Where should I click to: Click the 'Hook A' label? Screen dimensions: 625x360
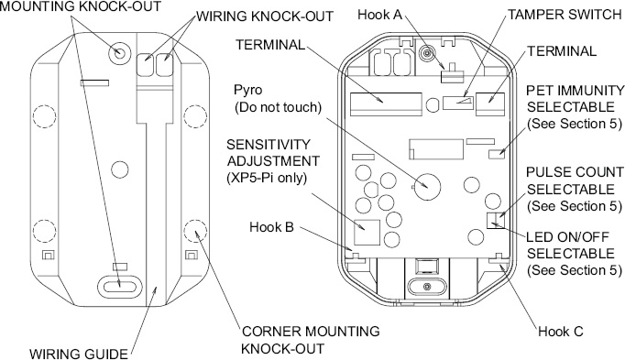pos(380,15)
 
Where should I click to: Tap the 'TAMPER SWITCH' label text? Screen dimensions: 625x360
pos(565,15)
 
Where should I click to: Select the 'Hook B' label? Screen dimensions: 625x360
pos(271,227)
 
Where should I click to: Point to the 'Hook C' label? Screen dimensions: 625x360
pos(561,332)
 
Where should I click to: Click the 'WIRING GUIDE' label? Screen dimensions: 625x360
pos(79,354)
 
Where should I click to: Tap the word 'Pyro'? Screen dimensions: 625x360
pos(248,91)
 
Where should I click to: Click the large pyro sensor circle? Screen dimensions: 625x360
pos(427,186)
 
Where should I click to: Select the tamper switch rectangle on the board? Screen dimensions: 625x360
pos(458,103)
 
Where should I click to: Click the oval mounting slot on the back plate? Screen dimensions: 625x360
pos(120,286)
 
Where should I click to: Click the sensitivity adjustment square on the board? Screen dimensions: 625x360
pos(367,232)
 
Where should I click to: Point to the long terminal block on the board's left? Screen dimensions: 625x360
pos(386,104)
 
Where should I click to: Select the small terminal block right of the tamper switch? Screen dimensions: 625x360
pos(490,104)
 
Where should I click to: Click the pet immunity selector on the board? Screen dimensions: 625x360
pos(497,154)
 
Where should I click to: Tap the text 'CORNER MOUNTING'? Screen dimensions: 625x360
pos(311,332)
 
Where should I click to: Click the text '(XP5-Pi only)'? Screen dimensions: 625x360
pos(267,178)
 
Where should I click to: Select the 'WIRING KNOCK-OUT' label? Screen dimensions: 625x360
pos(265,16)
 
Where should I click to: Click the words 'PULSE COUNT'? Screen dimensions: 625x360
pos(575,172)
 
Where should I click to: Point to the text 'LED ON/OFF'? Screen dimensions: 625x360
pos(567,237)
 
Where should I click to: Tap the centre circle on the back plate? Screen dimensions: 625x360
pos(119,169)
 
